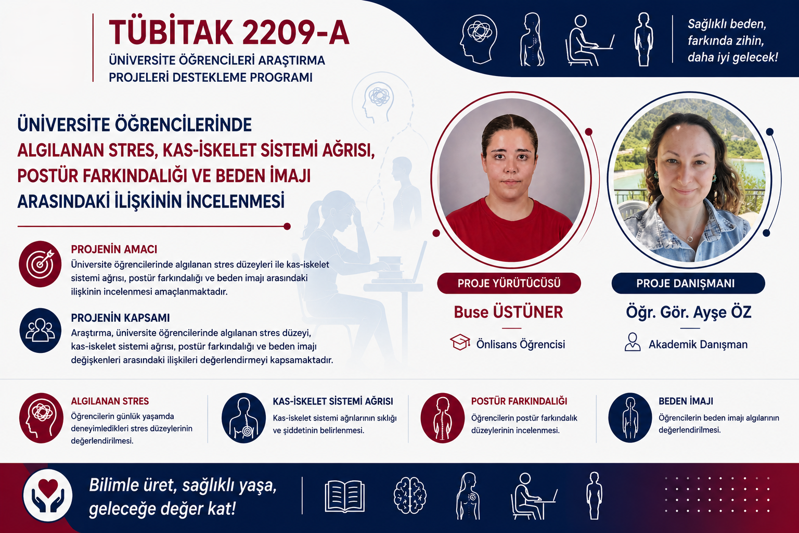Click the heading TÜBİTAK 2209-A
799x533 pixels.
coord(229,32)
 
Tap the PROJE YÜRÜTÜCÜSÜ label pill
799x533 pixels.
coord(509,284)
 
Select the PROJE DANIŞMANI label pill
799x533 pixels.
coord(688,284)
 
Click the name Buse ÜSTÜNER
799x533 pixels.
coord(508,312)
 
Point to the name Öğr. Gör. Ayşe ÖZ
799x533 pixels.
coord(689,312)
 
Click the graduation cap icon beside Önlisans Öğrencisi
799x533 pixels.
coord(460,342)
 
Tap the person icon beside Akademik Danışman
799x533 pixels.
coord(633,342)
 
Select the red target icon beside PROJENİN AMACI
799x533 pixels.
coord(40,264)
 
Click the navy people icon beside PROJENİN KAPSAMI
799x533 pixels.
coord(40,331)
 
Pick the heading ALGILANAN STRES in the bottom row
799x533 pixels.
coord(110,401)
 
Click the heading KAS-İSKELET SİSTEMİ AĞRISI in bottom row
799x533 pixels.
coord(333,401)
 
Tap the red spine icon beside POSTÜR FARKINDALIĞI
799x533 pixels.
coord(442,418)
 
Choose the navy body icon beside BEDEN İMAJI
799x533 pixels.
coord(630,417)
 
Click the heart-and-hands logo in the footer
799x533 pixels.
coord(48,496)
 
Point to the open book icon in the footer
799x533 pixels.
coord(344,496)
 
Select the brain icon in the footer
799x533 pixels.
coord(410,496)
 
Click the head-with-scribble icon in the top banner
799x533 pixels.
coord(479,39)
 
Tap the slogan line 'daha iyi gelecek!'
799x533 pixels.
coord(732,57)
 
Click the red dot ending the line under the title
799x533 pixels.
coord(287,226)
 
